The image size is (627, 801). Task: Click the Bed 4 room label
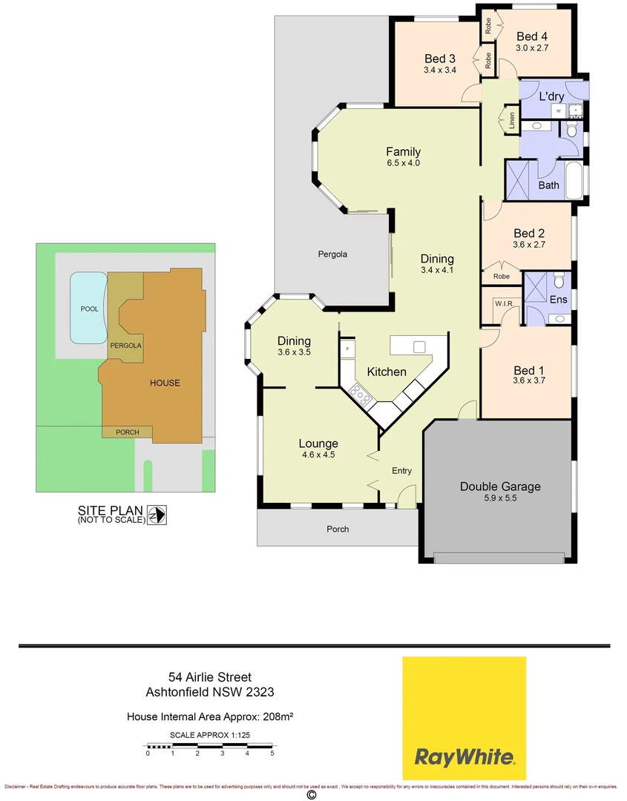[532, 36]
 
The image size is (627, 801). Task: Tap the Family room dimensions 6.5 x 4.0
[403, 163]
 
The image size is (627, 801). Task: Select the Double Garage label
[500, 487]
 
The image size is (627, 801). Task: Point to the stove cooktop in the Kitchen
[361, 396]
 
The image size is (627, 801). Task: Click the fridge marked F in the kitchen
[347, 347]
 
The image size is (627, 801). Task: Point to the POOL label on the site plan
[88, 309]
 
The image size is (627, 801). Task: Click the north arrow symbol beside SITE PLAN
[157, 514]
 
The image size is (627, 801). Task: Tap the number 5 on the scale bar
[272, 753]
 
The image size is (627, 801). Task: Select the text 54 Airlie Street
[210, 676]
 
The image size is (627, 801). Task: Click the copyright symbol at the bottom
[312, 794]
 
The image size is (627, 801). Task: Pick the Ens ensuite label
[559, 300]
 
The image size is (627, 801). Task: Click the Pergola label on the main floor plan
[332, 254]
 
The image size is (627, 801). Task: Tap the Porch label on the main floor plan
[338, 529]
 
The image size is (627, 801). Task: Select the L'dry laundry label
[551, 96]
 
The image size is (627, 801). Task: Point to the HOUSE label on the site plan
[165, 383]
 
